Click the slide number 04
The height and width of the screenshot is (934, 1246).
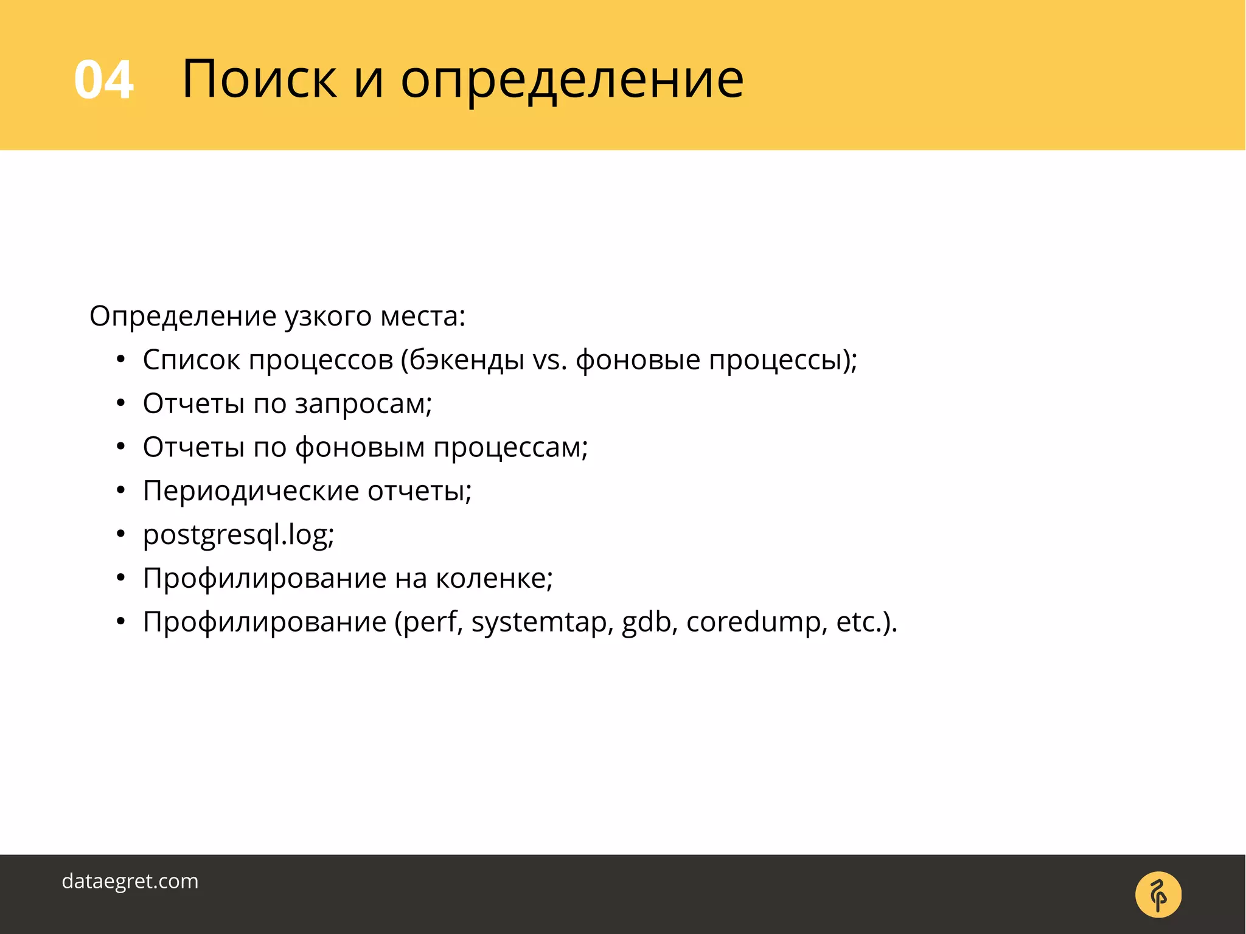(x=103, y=80)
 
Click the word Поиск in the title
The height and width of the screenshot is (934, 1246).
(x=259, y=80)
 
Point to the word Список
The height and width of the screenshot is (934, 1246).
(x=191, y=360)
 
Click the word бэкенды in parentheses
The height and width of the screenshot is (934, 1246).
(x=467, y=360)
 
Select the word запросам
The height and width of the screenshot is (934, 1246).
(x=363, y=404)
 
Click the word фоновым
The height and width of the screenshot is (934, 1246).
(x=360, y=448)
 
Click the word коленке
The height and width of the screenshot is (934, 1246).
(x=493, y=578)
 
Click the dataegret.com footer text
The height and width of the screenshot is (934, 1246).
(x=130, y=881)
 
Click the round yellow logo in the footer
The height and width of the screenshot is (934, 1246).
(x=1158, y=894)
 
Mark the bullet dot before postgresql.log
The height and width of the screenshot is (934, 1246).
(x=121, y=535)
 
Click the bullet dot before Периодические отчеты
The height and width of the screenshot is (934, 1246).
(x=121, y=490)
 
